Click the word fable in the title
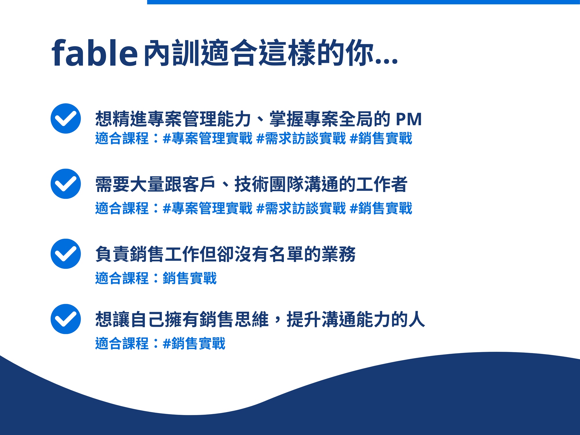pos(95,52)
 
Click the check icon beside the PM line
pos(66,118)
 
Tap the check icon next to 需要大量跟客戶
pos(66,184)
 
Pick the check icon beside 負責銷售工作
pos(66,254)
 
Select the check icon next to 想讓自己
pos(66,319)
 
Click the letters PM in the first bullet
pos(409,119)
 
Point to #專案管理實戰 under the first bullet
pos(208,138)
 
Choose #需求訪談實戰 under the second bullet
pos(301,208)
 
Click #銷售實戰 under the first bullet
pos(381,138)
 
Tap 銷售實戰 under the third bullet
pos(190,278)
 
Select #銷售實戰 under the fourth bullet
pos(194,343)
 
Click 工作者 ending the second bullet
pos(382,184)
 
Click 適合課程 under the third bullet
pos(122,278)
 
